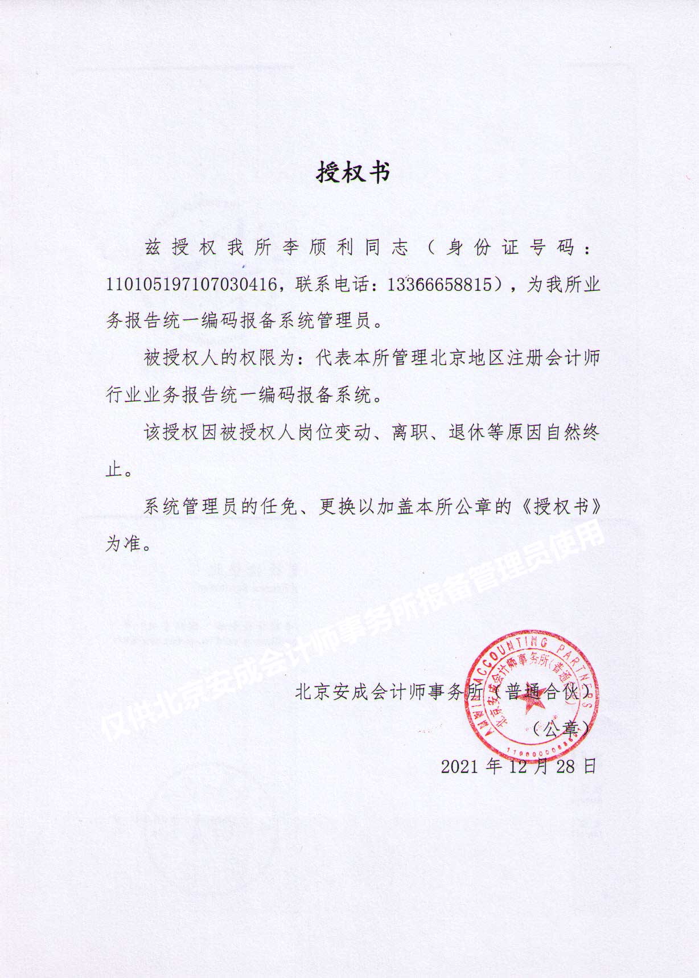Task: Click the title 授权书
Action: click(x=353, y=172)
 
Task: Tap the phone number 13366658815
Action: click(x=438, y=285)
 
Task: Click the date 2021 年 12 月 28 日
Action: click(x=519, y=766)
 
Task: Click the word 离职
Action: click(x=410, y=433)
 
